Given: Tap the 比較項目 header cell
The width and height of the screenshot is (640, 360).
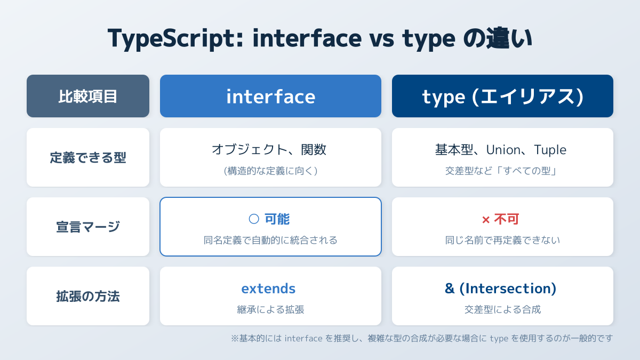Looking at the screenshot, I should [88, 96].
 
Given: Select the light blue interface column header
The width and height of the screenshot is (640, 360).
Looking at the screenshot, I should [270, 96].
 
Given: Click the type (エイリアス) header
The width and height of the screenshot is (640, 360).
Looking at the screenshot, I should [502, 96].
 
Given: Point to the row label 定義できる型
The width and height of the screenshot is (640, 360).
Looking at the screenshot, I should [88, 158].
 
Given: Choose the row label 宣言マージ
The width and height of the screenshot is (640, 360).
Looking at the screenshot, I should [88, 227].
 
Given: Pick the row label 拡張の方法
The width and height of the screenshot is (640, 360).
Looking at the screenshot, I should [88, 297].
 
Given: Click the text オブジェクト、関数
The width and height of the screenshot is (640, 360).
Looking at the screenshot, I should [269, 150].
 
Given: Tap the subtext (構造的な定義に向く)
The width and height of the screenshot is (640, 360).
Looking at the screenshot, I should [270, 171].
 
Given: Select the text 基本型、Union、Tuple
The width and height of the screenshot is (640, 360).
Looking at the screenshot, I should [501, 150].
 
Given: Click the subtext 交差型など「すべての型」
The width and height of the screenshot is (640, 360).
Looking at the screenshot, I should [502, 171].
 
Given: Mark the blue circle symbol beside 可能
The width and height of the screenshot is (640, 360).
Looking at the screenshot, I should [254, 219].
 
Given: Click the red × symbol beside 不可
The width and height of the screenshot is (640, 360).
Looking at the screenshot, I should [486, 219].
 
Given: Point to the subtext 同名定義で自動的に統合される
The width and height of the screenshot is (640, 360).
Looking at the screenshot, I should [270, 241].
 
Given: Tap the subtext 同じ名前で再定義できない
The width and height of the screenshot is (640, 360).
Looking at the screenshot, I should [502, 241].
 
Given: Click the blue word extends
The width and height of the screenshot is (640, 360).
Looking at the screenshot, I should [268, 289].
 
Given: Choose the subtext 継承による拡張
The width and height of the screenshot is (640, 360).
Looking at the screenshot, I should [270, 310].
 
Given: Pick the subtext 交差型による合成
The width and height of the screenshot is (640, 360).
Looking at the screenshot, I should [502, 310].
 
